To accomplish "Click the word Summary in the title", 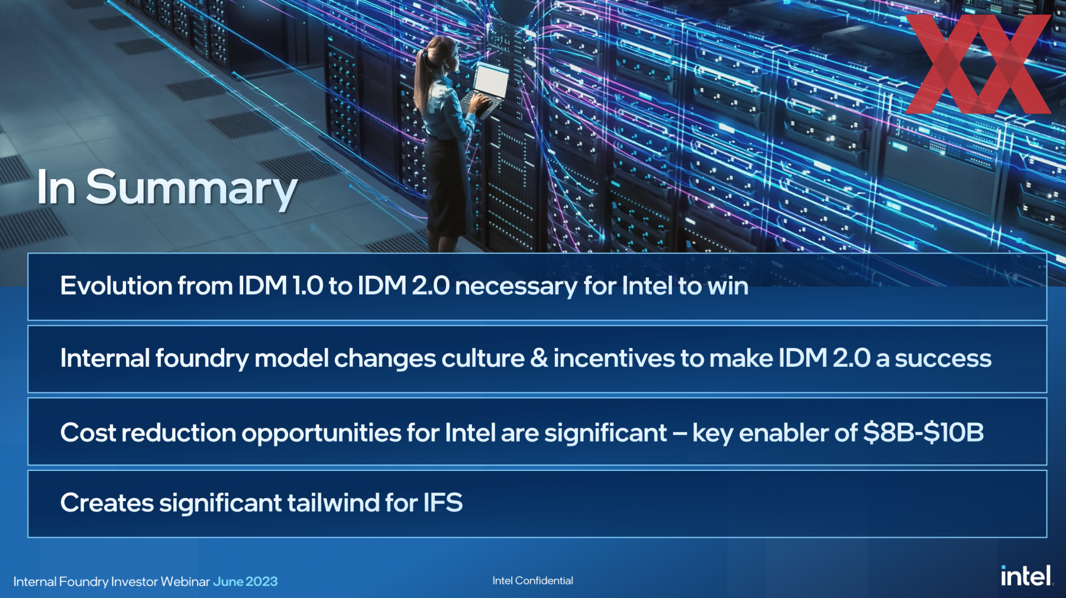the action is pos(192,189).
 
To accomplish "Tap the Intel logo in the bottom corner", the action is pos(1027,576).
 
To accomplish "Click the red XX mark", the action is pos(978,64).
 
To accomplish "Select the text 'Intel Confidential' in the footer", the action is pos(532,581).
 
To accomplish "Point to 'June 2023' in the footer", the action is pos(245,581).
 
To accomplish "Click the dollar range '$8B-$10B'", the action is pos(923,433).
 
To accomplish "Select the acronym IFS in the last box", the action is pos(443,503).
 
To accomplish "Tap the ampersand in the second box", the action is pos(539,358).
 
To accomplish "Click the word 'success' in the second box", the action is pos(943,359).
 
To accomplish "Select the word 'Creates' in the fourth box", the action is pos(107,503).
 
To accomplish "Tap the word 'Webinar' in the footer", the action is pos(185,581).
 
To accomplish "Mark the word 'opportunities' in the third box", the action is pos(321,433).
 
